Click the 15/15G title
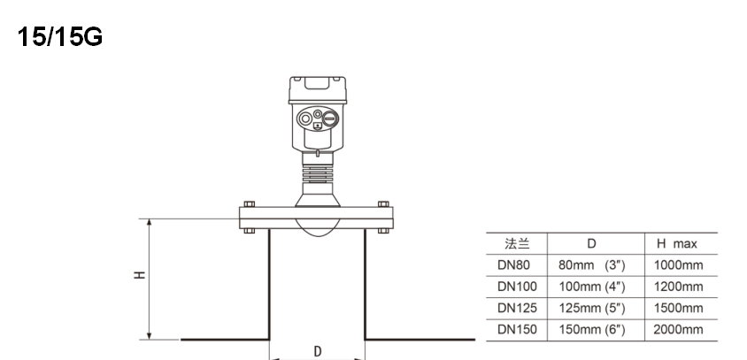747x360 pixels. click(60, 36)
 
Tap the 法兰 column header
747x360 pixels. click(517, 244)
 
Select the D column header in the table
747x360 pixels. click(591, 244)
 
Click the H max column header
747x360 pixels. click(677, 244)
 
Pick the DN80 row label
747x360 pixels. click(513, 264)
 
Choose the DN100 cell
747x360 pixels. click(517, 287)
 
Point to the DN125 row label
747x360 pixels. click(517, 308)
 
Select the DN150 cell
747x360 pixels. click(517, 330)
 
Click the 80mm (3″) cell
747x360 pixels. click(592, 265)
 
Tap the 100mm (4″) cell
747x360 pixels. click(592, 287)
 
